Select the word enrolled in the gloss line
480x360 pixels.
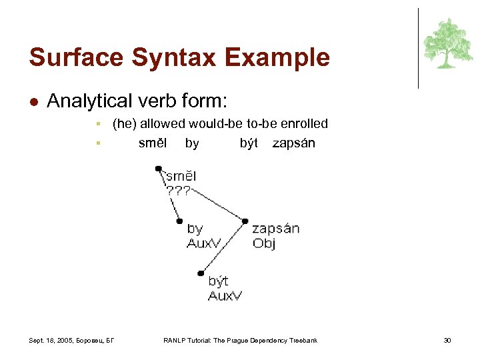pyautogui.click(x=305, y=123)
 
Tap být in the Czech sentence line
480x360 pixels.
pyautogui.click(x=249, y=143)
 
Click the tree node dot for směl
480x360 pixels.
pyautogui.click(x=159, y=169)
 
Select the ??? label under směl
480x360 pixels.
pyautogui.click(x=179, y=191)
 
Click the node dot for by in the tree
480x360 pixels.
pyautogui.click(x=179, y=221)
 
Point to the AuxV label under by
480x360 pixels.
pyautogui.click(x=203, y=243)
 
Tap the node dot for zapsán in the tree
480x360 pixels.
pyautogui.click(x=245, y=221)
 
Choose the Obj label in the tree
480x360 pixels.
pyautogui.click(x=264, y=243)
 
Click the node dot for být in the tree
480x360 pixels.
pyautogui.click(x=200, y=273)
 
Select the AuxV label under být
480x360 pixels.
pyautogui.click(x=225, y=295)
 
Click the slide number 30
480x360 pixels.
pyautogui.click(x=447, y=341)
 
